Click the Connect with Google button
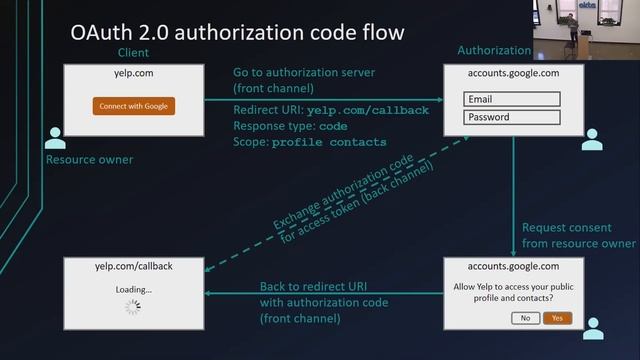click(x=134, y=106)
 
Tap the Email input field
click(x=512, y=99)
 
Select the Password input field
click(x=512, y=117)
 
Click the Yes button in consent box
click(x=557, y=318)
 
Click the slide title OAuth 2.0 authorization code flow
click(x=237, y=33)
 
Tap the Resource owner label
click(x=89, y=159)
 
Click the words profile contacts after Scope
click(x=343, y=142)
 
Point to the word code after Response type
click(x=333, y=126)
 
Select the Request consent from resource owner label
click(x=578, y=235)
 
